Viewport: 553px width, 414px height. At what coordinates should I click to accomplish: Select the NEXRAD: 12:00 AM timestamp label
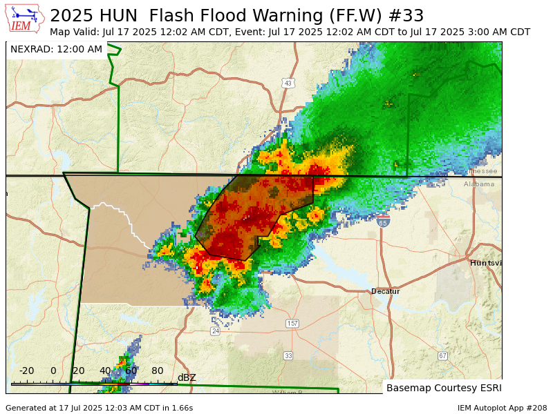56,50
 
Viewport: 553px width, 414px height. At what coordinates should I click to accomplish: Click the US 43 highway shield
288,83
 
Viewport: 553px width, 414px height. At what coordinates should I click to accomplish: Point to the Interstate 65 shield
383,222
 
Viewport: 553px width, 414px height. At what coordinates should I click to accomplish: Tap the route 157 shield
292,324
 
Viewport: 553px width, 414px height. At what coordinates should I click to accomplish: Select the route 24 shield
215,331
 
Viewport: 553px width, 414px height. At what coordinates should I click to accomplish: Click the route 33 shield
288,355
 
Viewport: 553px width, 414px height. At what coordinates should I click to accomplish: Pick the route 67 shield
442,355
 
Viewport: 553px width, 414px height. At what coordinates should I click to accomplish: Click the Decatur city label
385,291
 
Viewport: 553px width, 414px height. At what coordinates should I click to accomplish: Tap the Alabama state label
479,184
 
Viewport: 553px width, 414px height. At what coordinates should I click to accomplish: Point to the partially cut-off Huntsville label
485,263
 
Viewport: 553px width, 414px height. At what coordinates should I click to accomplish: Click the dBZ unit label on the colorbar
187,377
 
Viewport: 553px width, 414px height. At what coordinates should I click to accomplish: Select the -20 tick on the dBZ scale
26,371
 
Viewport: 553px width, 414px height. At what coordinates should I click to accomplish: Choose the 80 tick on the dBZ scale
158,371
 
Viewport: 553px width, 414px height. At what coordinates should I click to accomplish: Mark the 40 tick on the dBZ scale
105,371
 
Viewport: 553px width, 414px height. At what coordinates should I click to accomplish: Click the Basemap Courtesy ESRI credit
442,388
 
